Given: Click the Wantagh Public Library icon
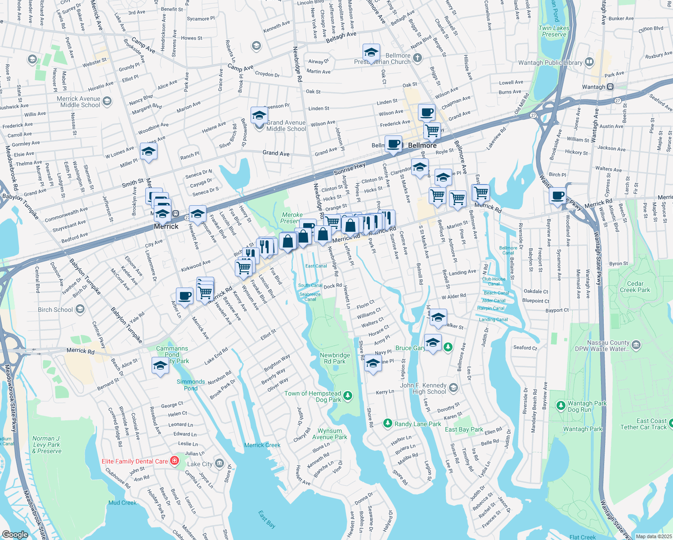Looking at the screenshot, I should pyautogui.click(x=589, y=63).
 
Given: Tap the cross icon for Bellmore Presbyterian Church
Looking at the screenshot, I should pyautogui.click(x=417, y=58).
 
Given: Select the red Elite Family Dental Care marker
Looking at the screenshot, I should pyautogui.click(x=175, y=461).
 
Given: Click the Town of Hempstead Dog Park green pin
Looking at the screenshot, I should pyautogui.click(x=348, y=396).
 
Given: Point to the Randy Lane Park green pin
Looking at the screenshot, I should pyautogui.click(x=387, y=423).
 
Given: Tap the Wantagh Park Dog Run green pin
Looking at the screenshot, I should pyautogui.click(x=561, y=406).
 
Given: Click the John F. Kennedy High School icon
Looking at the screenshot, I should pyautogui.click(x=453, y=388).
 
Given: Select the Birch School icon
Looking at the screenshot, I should pyautogui.click(x=80, y=309).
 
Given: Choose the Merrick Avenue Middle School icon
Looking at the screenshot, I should pyautogui.click(x=107, y=101).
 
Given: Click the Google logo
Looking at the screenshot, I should pyautogui.click(x=15, y=534).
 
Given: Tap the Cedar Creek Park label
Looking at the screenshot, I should pyautogui.click(x=635, y=287).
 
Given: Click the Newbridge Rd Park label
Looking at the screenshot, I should pyautogui.click(x=335, y=358).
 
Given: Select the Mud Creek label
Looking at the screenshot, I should pyautogui.click(x=122, y=503).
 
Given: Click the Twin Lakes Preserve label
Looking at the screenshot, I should pyautogui.click(x=554, y=31).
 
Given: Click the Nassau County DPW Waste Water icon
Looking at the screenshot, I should pyautogui.click(x=636, y=346).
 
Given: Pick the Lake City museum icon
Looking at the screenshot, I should pyautogui.click(x=219, y=463).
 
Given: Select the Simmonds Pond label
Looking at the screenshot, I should pyautogui.click(x=191, y=385).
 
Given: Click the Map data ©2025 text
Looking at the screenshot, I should pyautogui.click(x=654, y=536).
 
